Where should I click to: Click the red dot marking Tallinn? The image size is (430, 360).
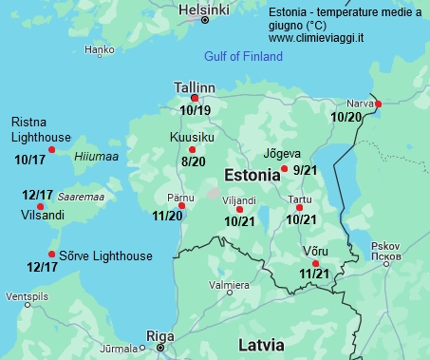[x=195, y=98]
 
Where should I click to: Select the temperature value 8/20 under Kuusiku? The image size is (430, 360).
[x=193, y=162]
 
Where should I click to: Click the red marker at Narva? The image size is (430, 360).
[x=378, y=104]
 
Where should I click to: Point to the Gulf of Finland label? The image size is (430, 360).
[x=243, y=57]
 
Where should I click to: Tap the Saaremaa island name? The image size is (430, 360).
[x=81, y=197]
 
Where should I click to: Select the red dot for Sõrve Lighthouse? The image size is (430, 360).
[x=51, y=254]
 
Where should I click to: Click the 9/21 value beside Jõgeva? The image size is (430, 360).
[x=305, y=170]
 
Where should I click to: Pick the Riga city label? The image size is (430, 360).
[x=159, y=335]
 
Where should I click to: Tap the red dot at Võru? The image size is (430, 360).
[x=315, y=263]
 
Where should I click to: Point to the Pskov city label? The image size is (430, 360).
[x=389, y=245]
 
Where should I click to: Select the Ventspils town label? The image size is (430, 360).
[x=26, y=297]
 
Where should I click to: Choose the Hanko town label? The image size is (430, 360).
[x=100, y=49]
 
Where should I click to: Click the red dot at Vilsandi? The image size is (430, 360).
[x=40, y=206]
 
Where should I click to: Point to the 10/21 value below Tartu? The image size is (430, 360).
[x=301, y=219]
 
